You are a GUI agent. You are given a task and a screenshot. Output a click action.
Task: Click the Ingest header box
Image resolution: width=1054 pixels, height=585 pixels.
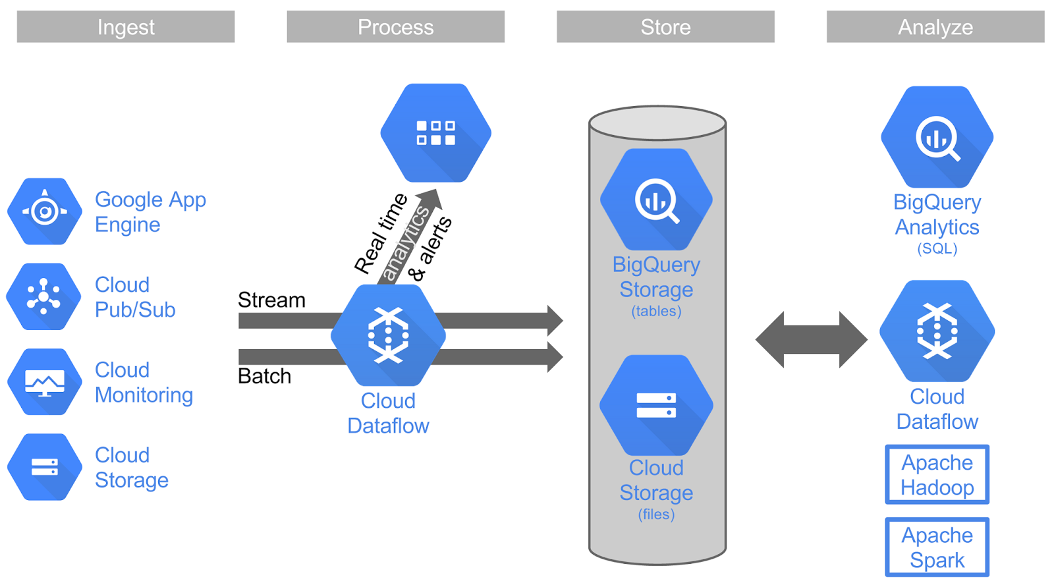click(126, 27)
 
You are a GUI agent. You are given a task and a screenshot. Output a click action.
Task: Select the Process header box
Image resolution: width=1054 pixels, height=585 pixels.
click(395, 27)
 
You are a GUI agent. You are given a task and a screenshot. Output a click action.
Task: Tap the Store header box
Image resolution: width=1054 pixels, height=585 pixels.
click(665, 27)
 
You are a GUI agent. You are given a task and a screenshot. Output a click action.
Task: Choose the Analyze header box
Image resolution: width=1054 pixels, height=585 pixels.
click(935, 27)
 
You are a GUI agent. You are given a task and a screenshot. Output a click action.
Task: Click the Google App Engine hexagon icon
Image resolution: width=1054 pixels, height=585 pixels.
click(45, 211)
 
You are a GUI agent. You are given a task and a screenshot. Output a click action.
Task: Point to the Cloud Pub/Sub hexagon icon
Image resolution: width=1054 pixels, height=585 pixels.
click(43, 296)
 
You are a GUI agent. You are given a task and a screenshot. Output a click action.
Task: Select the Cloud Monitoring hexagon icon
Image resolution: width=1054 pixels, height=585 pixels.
click(45, 381)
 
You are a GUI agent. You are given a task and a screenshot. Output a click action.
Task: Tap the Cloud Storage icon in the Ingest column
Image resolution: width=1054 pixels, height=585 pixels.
click(45, 467)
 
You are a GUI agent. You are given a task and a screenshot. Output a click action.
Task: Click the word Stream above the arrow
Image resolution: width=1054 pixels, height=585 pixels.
click(271, 300)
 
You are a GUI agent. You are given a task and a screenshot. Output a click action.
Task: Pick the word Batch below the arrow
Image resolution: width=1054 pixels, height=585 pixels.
click(264, 376)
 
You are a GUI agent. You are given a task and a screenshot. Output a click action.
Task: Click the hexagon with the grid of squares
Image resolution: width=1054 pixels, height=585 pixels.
click(435, 132)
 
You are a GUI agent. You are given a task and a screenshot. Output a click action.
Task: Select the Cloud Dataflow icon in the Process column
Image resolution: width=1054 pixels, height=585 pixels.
click(388, 335)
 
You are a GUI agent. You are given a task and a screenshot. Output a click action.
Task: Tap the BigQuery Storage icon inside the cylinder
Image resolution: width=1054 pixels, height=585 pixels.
click(656, 200)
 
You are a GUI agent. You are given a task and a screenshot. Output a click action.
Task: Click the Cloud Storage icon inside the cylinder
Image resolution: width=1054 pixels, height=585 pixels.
click(656, 405)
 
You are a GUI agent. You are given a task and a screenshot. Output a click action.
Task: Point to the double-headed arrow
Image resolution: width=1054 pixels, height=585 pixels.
click(811, 340)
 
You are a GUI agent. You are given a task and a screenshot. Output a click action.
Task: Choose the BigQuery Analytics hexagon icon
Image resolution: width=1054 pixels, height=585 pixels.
click(937, 137)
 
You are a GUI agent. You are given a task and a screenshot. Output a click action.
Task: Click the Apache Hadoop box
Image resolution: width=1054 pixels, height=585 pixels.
click(937, 475)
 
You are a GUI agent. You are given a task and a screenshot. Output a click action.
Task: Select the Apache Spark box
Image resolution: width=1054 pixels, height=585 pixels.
click(937, 547)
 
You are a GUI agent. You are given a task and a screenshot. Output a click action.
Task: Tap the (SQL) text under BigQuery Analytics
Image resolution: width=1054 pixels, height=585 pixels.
click(937, 249)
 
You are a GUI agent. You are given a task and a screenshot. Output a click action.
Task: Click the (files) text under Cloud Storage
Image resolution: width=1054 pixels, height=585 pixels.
click(656, 515)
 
